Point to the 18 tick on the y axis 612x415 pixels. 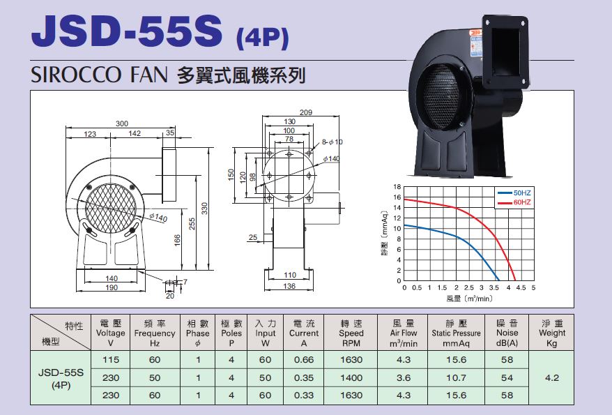click(397, 187)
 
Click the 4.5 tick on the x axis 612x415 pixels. click(521, 288)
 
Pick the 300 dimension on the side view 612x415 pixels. click(122, 123)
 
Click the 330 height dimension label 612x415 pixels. click(204, 208)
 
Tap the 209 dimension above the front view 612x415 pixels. click(306, 112)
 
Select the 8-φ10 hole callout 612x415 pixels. click(332, 142)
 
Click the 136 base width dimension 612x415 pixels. click(289, 286)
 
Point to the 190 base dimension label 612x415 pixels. click(112, 288)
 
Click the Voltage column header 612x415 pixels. click(110, 333)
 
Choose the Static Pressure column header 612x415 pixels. click(456, 333)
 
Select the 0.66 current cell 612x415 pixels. click(304, 360)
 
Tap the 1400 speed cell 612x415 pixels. click(351, 377)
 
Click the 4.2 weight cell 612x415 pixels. click(551, 377)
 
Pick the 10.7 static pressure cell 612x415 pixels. click(456, 377)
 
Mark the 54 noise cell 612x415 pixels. click(507, 377)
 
